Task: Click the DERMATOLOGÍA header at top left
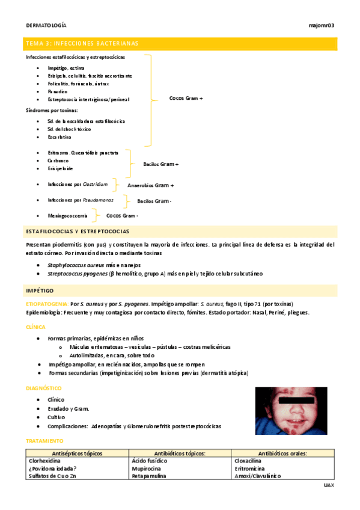coord(46,25)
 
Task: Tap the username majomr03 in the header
coord(321,25)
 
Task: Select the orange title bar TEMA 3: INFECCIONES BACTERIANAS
coord(180,43)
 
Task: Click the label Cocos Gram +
coord(186,97)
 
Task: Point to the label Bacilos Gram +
coord(160,164)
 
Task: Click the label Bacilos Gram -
coord(154,201)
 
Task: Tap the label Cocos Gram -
coord(122,215)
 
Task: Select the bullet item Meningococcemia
coord(67,215)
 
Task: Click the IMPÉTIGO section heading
coord(40,290)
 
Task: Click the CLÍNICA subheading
coord(35,327)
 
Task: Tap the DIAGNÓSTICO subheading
coord(43,389)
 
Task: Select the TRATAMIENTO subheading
coord(44,440)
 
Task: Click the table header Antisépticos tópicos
coord(77,453)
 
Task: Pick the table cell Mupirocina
coord(147,468)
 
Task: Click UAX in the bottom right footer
coord(328,485)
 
